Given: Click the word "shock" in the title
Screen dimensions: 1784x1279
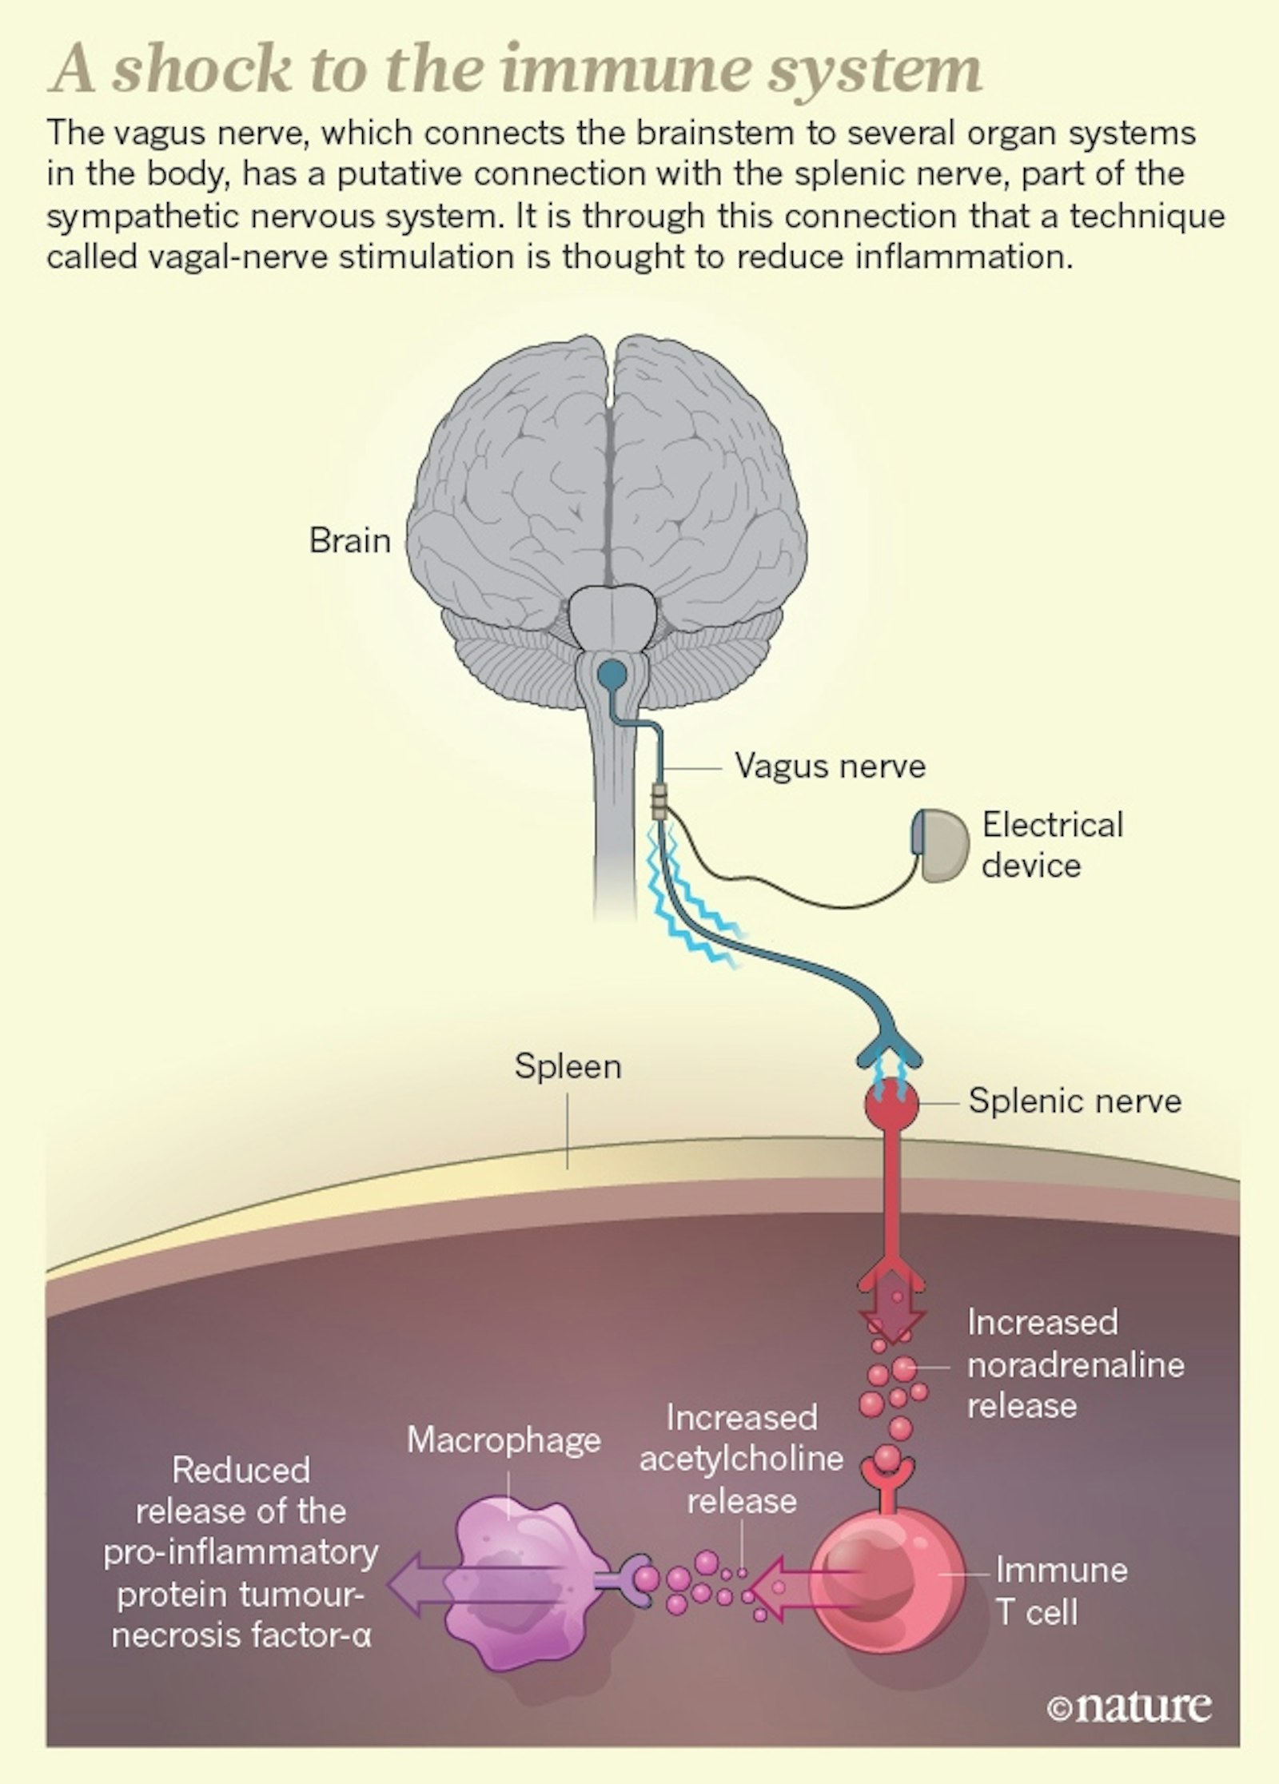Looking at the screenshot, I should (x=201, y=71).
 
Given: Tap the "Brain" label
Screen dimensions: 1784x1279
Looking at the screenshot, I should (x=349, y=542).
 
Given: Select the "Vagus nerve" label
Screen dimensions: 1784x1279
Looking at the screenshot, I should (x=830, y=767).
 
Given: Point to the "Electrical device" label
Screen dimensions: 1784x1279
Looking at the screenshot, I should (x=1052, y=846).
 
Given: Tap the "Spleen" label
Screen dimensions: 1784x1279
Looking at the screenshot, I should (x=568, y=1066).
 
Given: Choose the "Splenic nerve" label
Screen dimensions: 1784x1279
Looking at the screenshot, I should (x=1074, y=1101).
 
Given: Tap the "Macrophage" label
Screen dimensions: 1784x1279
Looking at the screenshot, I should (x=504, y=1440).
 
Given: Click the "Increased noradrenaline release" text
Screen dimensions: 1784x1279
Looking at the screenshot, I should (x=1075, y=1364).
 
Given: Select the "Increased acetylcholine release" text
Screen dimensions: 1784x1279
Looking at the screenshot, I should (x=742, y=1459).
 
